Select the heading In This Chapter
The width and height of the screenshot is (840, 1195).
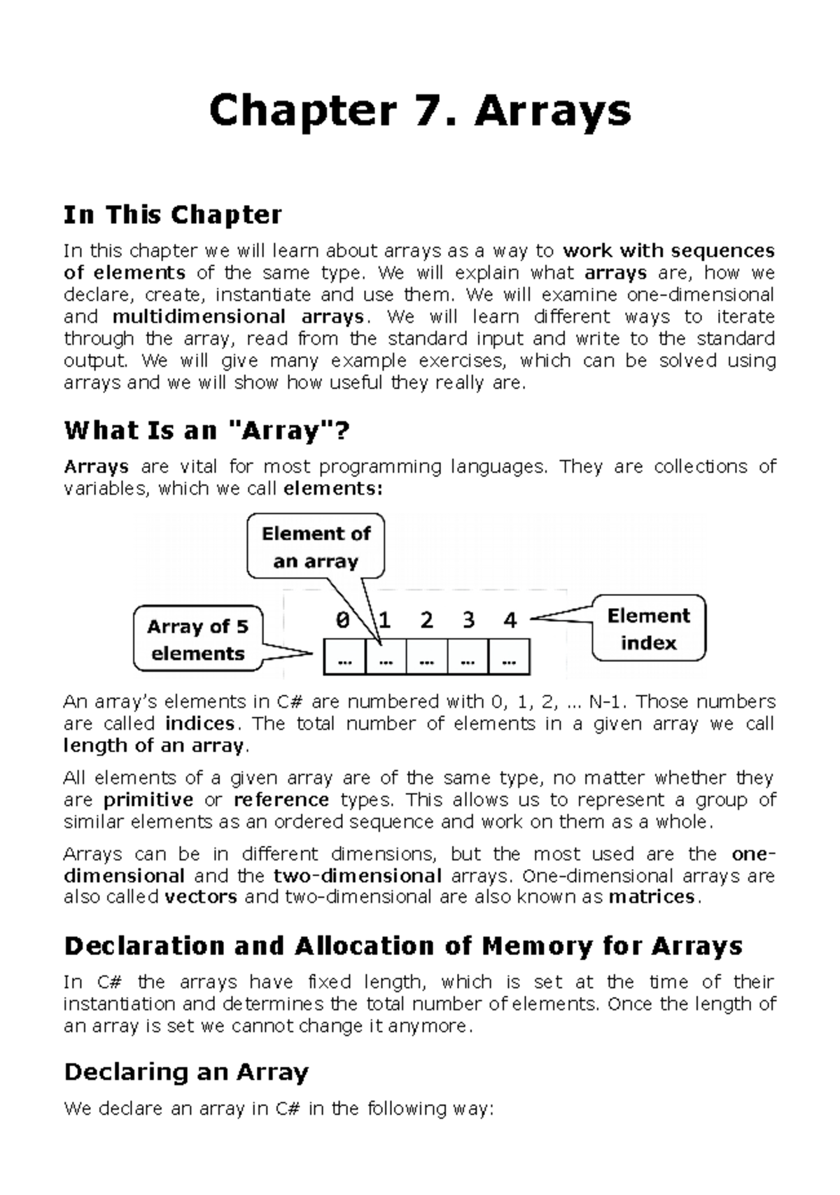(x=172, y=215)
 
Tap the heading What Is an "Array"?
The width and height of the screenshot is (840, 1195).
(x=206, y=430)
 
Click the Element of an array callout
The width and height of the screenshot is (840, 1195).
(x=316, y=547)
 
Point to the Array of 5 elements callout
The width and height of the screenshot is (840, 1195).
(x=197, y=639)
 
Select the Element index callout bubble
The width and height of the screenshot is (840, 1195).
(x=648, y=629)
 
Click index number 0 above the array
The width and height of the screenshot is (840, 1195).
(x=342, y=621)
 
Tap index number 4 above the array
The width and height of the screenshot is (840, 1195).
(x=510, y=621)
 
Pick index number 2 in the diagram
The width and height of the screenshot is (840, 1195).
(x=426, y=621)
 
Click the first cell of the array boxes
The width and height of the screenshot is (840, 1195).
(x=344, y=658)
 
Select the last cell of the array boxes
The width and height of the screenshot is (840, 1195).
(x=509, y=658)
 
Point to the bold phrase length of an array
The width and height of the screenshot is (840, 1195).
(x=153, y=746)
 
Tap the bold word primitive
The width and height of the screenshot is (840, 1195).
(x=148, y=800)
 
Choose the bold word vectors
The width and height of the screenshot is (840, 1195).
(x=201, y=897)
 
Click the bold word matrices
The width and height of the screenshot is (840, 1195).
(x=652, y=897)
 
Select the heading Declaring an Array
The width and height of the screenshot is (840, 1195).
(x=186, y=1073)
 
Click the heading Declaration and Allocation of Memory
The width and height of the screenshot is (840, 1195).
(x=402, y=947)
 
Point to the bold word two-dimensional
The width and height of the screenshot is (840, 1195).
(x=357, y=876)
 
